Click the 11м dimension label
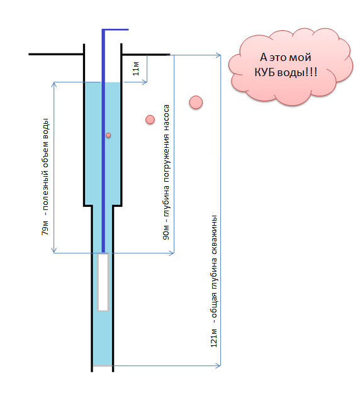click(136, 69)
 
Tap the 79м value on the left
click(45, 228)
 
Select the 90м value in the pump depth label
click(166, 233)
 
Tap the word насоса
click(166, 118)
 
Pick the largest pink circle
click(196, 102)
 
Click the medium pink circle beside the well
click(150, 119)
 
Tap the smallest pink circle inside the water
click(108, 135)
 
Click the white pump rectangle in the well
click(103, 282)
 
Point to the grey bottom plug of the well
click(103, 365)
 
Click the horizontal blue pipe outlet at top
click(116, 30)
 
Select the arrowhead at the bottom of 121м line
click(218, 365)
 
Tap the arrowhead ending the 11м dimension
click(145, 82)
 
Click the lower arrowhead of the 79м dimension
click(54, 250)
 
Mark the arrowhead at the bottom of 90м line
click(171, 253)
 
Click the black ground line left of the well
click(56, 54)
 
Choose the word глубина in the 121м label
click(214, 277)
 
